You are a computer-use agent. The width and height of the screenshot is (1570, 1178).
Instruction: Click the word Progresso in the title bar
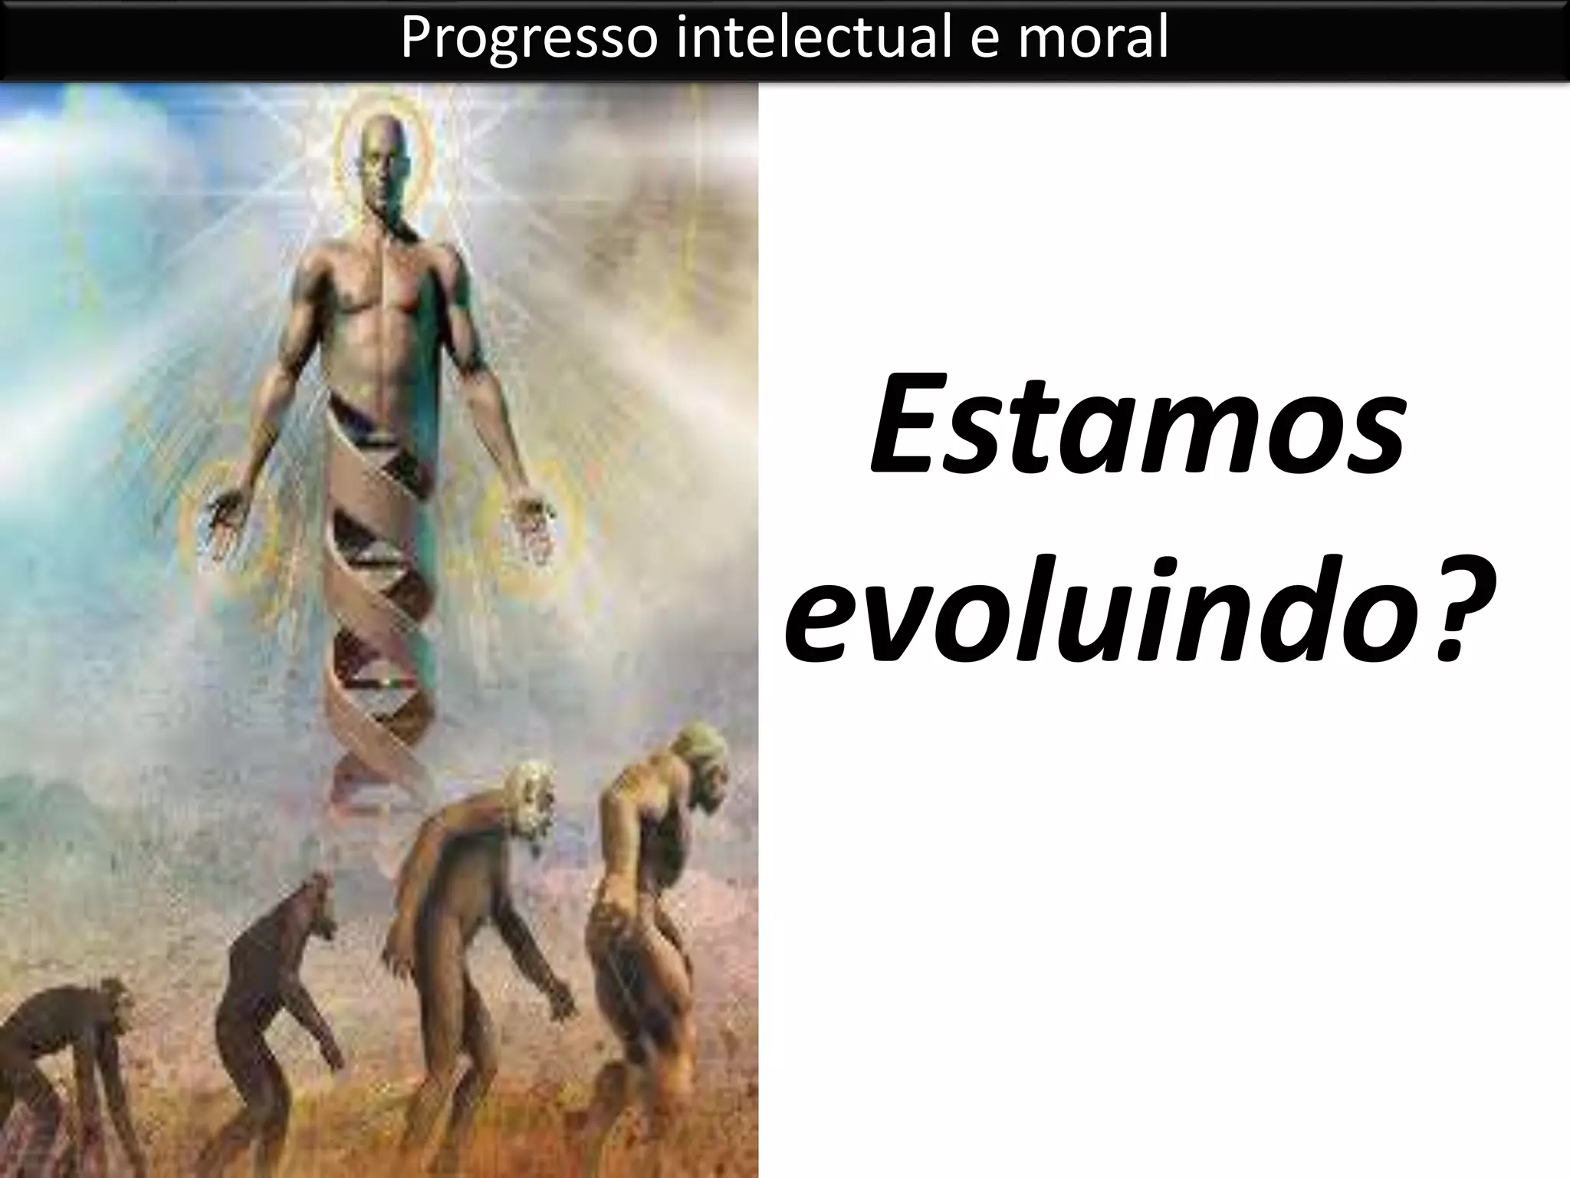pos(529,38)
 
